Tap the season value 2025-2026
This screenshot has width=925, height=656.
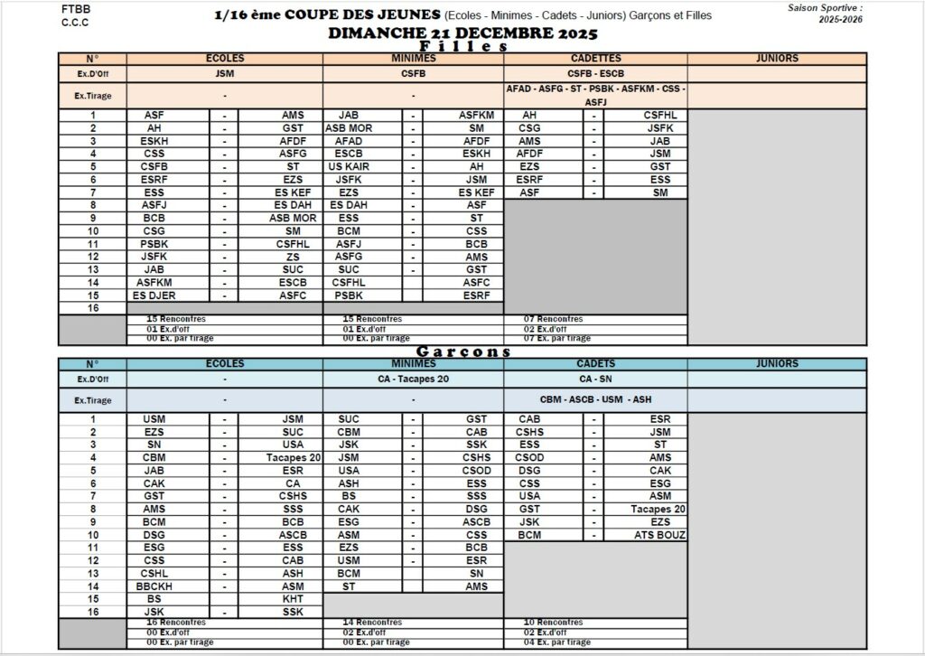840,19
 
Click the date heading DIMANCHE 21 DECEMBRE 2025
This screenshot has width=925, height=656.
462,33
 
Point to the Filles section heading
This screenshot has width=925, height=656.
463,47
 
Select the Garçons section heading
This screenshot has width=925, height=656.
463,351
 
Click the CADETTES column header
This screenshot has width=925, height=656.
595,59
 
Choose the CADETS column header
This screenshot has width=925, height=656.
595,364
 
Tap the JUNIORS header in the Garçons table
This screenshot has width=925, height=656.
777,364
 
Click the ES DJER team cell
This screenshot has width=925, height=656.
154,295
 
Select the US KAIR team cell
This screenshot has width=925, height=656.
348,167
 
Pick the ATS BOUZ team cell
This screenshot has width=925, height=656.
659,536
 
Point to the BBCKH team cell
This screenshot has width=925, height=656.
154,586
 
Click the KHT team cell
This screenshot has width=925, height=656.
293,599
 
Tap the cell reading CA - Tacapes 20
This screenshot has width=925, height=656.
413,380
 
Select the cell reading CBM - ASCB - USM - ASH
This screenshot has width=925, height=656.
595,400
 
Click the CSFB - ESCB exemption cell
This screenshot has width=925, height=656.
595,74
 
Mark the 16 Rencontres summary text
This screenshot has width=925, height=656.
176,623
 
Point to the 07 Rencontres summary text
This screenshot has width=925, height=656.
554,319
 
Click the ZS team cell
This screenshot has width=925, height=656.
293,257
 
